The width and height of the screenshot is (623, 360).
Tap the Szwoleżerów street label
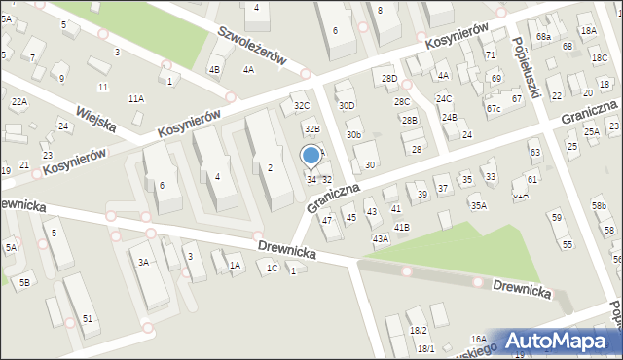point(250,46)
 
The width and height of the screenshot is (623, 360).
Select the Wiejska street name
point(96,119)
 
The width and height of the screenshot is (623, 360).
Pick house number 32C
point(302,105)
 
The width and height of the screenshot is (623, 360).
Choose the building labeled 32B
point(311,128)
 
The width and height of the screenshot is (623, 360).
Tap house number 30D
point(346,105)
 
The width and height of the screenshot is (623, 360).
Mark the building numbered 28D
point(389,78)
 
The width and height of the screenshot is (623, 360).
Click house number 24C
point(444,99)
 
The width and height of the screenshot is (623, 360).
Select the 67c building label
point(494,108)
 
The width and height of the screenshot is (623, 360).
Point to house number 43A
point(380,238)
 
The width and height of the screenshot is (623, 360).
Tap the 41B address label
point(402,227)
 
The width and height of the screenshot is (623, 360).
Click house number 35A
point(478,205)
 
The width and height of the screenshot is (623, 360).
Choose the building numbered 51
point(88,319)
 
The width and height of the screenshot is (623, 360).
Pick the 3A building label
point(143,263)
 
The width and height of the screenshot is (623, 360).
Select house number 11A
point(135,98)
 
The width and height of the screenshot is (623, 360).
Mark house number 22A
point(18,101)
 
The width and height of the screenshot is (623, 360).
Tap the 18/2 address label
point(419,331)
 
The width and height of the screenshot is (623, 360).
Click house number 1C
point(273,268)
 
